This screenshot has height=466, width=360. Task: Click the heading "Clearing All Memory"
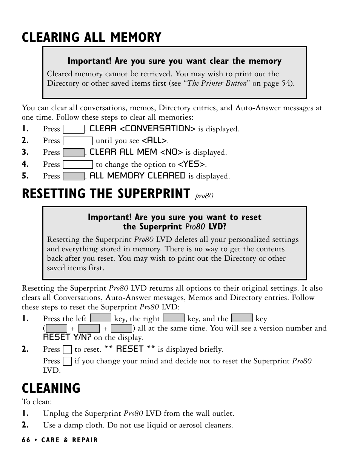(91, 37)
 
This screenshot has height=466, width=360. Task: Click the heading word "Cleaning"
(51, 388)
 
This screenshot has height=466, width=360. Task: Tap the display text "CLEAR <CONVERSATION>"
(142, 129)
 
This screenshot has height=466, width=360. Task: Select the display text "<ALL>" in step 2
(154, 140)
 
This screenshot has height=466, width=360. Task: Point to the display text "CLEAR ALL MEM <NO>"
(136, 152)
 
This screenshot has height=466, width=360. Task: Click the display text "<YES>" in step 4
(192, 164)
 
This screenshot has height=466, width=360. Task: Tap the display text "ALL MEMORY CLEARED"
(137, 176)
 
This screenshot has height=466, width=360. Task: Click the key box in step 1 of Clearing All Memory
(74, 129)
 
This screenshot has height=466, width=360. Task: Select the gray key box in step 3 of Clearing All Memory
(74, 153)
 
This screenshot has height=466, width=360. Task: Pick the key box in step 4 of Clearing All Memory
(78, 165)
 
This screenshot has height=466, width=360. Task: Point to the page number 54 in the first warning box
(286, 83)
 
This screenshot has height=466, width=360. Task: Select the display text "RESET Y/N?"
(67, 337)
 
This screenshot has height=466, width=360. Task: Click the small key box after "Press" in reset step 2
(68, 349)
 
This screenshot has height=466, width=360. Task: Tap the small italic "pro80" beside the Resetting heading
(204, 196)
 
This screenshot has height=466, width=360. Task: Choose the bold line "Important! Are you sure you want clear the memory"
(174, 61)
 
